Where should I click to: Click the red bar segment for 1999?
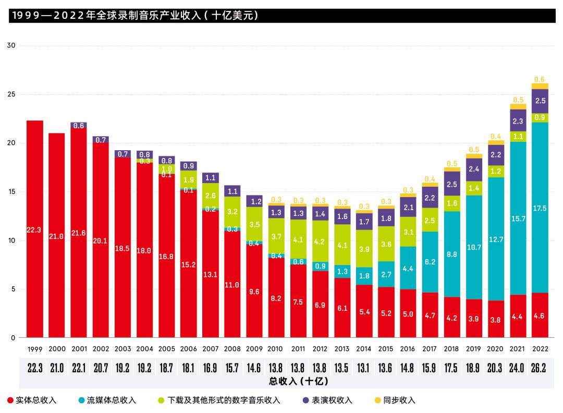coord(35,229)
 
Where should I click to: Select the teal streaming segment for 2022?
coord(540,209)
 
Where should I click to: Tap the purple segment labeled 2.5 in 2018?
coord(452,184)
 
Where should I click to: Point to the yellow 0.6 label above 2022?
coord(540,79)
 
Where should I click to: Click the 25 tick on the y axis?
coord(11,94)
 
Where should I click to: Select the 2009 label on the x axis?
coord(254,348)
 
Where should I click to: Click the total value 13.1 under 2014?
coord(364,368)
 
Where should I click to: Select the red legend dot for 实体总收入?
coord(10,400)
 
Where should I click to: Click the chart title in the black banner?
coord(134,16)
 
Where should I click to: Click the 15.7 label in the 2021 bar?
coord(518,218)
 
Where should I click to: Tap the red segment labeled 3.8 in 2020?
coord(496,319)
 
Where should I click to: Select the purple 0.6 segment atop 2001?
coord(79,126)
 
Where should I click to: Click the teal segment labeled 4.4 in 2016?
coord(408,269)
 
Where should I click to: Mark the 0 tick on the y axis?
coord(14,338)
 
